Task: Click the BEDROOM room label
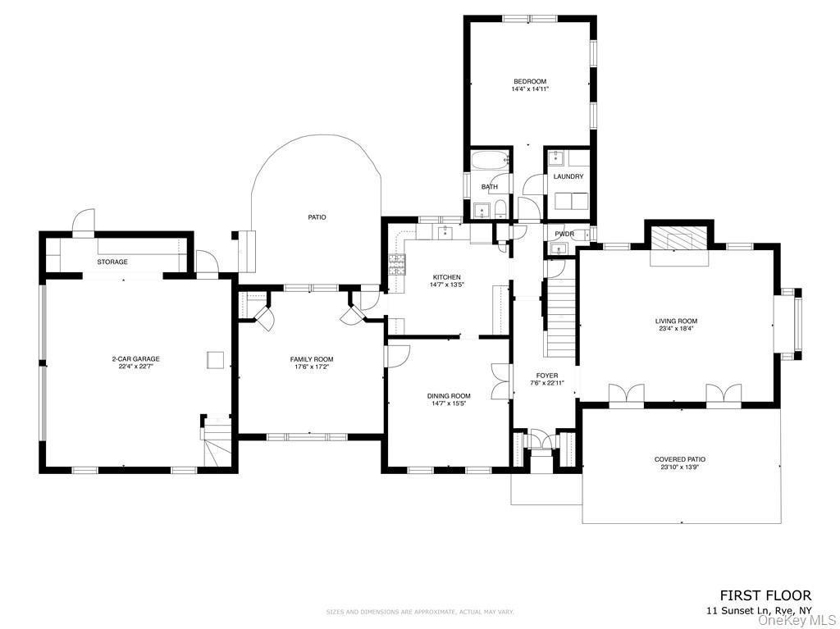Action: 530,81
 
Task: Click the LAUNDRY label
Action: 568,176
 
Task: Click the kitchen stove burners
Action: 396,264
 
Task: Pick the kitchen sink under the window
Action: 445,234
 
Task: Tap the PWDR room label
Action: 564,235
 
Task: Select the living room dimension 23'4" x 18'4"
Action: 676,329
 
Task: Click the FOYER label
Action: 547,376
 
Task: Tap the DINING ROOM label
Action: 449,396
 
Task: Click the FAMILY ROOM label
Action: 312,359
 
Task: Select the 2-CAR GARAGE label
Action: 136,359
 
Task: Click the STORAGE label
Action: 112,262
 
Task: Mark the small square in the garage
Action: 214,359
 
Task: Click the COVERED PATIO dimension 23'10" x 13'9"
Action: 679,467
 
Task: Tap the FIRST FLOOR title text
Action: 765,595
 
